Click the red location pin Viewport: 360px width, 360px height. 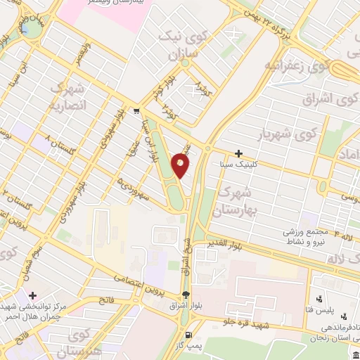[181, 165]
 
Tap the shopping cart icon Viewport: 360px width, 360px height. [136, 110]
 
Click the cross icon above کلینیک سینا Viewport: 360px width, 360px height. [238, 153]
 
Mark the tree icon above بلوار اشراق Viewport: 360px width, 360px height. [186, 295]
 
